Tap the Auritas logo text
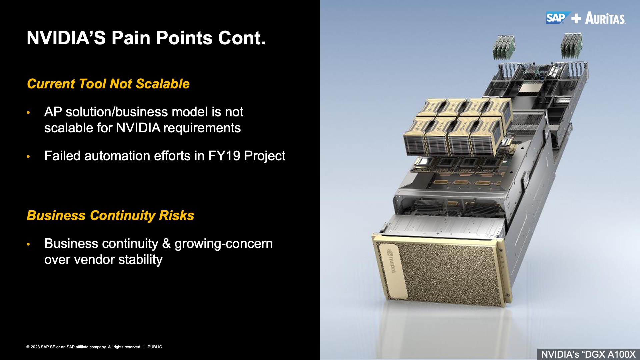605,18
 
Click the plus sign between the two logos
576,18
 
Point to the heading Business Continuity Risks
110,216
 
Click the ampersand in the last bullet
166,244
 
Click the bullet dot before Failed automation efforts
29,156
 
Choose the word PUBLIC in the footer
155,347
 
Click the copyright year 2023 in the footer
35,347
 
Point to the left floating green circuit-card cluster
504,47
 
